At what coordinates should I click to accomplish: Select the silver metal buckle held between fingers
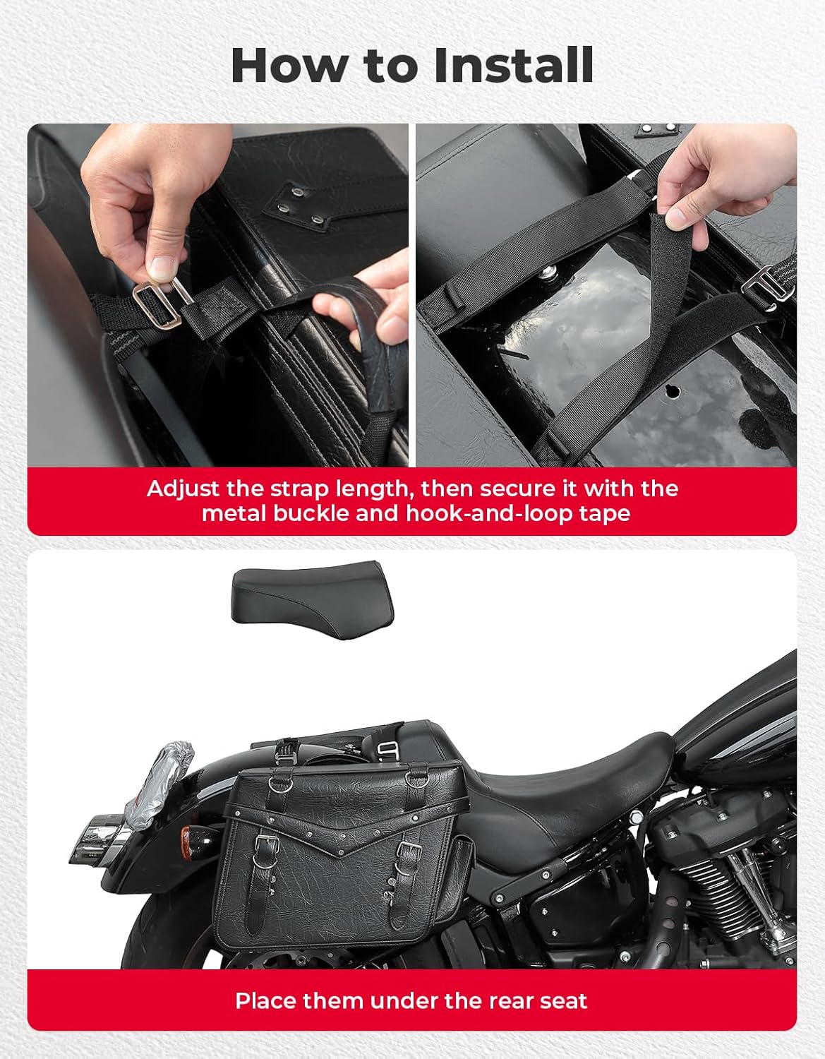pyautogui.click(x=157, y=304)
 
